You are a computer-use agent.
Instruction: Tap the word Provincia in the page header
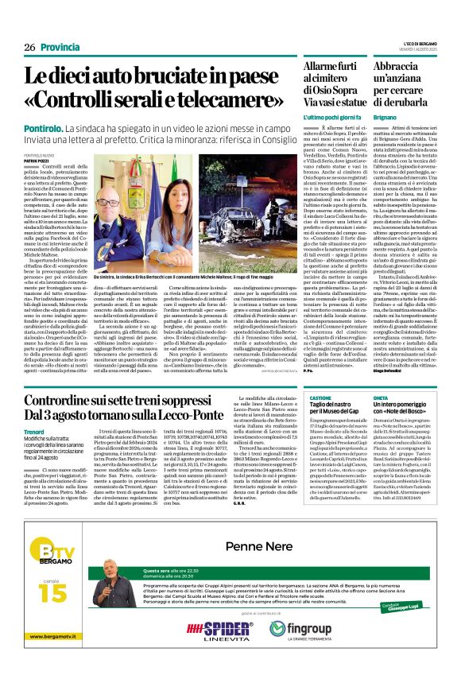[x=60, y=47]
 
